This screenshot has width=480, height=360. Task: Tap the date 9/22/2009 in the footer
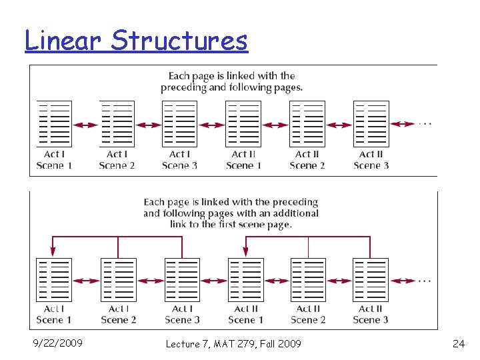(x=58, y=343)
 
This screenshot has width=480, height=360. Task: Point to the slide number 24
(x=458, y=344)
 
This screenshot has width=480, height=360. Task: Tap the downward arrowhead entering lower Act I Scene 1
(x=53, y=252)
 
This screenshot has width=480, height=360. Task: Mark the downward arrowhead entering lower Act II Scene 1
(x=245, y=252)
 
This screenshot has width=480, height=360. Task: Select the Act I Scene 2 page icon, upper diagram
(x=117, y=124)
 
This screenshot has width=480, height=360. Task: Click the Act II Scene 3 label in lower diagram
(x=371, y=314)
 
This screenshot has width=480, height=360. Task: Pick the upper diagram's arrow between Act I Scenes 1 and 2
(x=85, y=124)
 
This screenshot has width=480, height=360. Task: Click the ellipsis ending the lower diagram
(x=425, y=281)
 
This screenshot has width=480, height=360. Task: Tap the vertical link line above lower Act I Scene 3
(x=182, y=247)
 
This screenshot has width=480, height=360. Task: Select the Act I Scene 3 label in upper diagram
(x=179, y=160)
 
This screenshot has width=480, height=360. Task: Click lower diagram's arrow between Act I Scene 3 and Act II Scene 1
(x=213, y=281)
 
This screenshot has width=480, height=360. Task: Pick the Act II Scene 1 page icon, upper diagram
(x=243, y=124)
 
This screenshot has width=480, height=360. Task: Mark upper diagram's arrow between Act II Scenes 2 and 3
(x=339, y=124)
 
